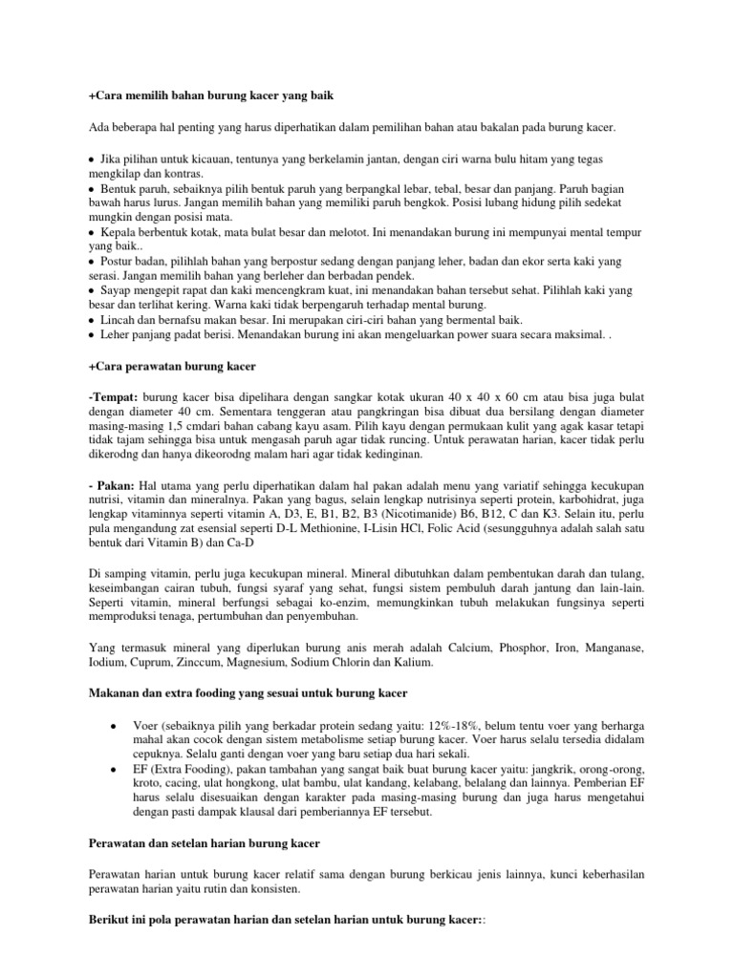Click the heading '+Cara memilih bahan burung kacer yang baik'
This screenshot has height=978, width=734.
click(x=209, y=97)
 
